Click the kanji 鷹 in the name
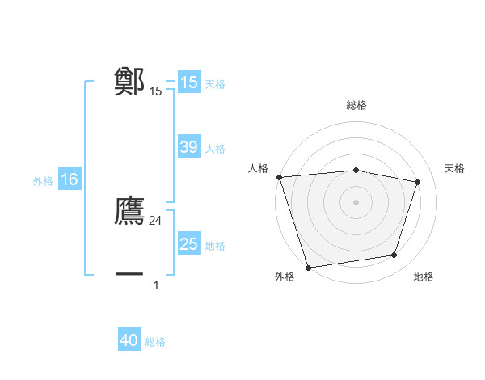pyautogui.click(x=129, y=210)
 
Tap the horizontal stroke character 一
pyautogui.click(x=129, y=274)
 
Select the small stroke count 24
pyautogui.click(x=156, y=221)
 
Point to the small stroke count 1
pyautogui.click(x=156, y=285)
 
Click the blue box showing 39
pyautogui.click(x=188, y=147)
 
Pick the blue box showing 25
pyautogui.click(x=188, y=244)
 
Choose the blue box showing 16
pyautogui.click(x=69, y=179)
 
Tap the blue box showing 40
pyautogui.click(x=129, y=340)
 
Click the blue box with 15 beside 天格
pyautogui.click(x=188, y=82)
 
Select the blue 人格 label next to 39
pyautogui.click(x=215, y=149)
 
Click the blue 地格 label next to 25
pyautogui.click(x=215, y=246)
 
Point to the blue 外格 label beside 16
pyautogui.click(x=43, y=181)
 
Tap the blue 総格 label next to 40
pyautogui.click(x=155, y=342)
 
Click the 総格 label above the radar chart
pyautogui.click(x=356, y=105)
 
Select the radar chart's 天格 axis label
pyautogui.click(x=454, y=168)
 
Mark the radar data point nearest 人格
pyautogui.click(x=279, y=177)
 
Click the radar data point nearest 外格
pyautogui.click(x=309, y=267)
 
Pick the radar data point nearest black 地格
pyautogui.click(x=394, y=255)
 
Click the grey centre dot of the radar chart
pyautogui.click(x=356, y=202)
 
